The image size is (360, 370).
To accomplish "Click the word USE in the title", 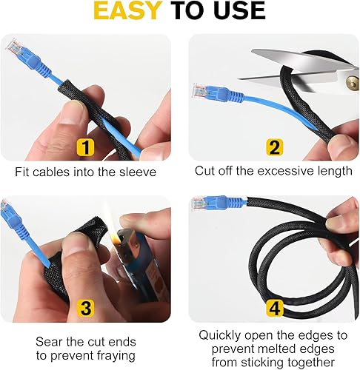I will click(x=236, y=10).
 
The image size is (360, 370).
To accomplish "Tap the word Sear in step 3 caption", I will click(x=49, y=342).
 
